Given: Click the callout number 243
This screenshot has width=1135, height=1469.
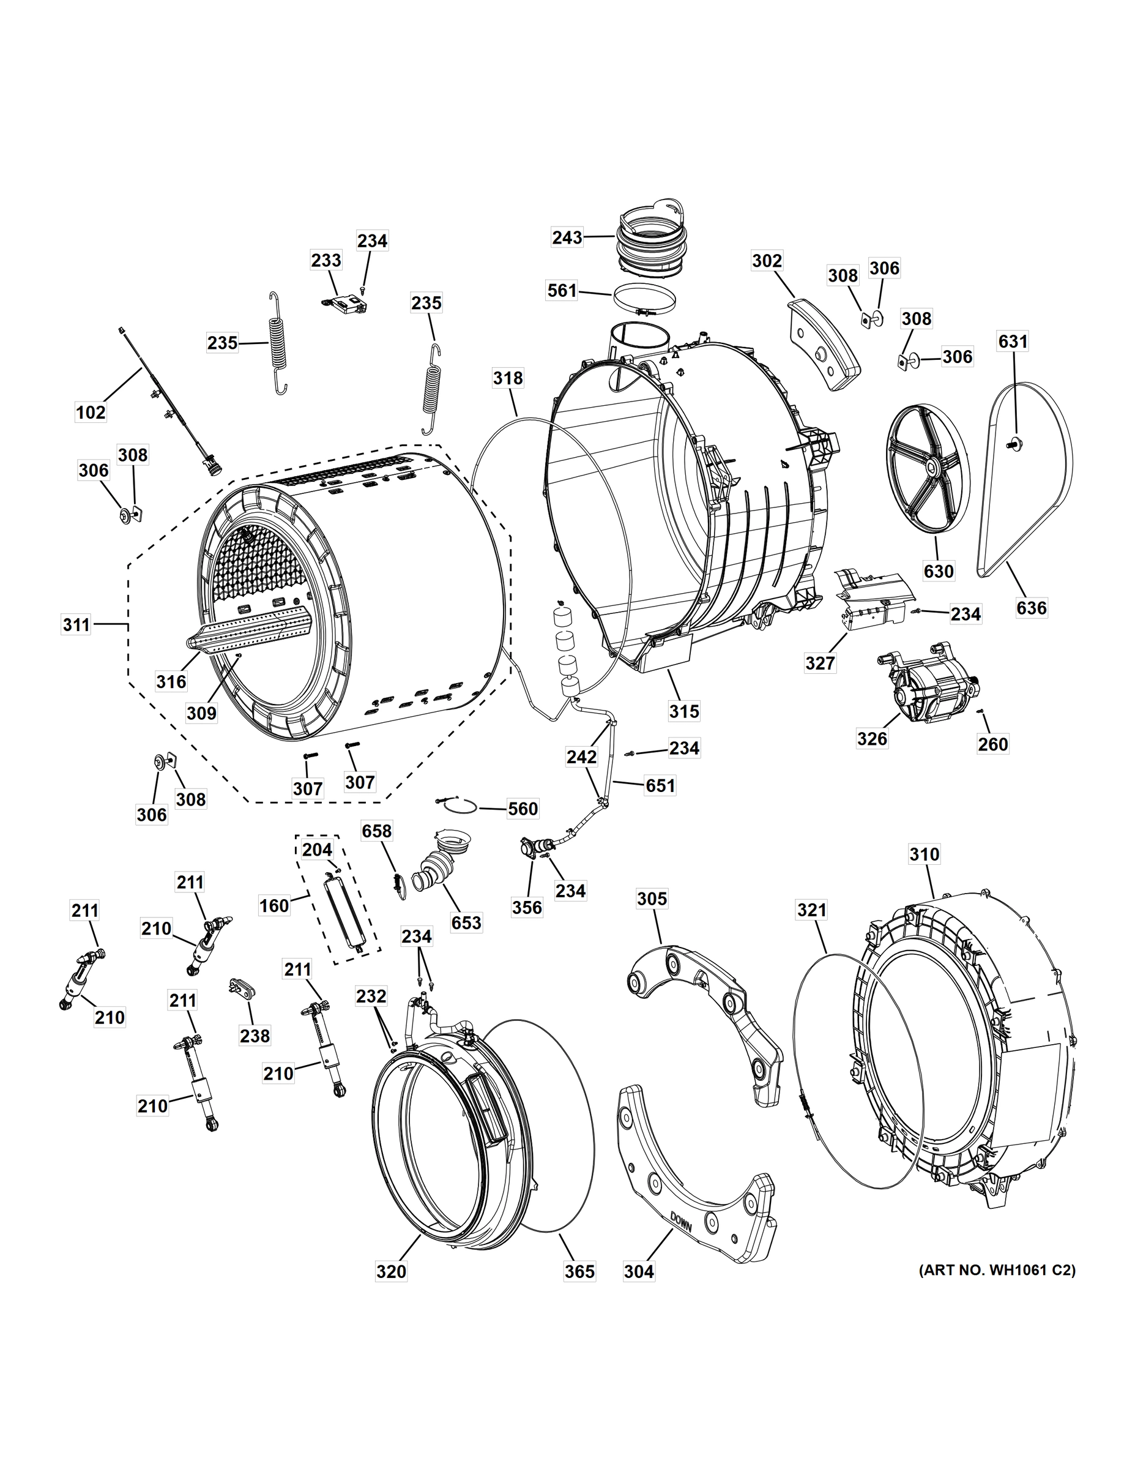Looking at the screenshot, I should [567, 237].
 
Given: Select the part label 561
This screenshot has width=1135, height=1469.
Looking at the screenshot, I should [562, 291].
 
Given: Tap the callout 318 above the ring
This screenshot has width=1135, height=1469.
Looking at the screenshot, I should [508, 378].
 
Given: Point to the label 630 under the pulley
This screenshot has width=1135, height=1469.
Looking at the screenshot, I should [939, 571].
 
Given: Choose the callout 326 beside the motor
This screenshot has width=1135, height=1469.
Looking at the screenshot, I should [872, 739].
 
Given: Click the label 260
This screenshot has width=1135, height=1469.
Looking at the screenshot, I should [993, 744].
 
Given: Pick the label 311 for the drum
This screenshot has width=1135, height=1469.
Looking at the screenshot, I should [76, 625].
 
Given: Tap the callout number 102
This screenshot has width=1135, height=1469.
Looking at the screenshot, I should [91, 412].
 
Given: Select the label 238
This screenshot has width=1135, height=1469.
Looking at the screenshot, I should [255, 1036].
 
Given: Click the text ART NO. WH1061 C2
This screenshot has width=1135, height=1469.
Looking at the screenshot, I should [997, 1271].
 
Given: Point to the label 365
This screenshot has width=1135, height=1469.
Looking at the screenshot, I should [579, 1271].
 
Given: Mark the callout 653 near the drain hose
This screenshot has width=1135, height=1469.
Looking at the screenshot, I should [466, 922].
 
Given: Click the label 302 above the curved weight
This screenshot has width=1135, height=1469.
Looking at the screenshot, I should [767, 261].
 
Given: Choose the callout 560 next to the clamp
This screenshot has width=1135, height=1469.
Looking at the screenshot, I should [523, 809].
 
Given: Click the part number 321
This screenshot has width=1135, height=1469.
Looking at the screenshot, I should [811, 910].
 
